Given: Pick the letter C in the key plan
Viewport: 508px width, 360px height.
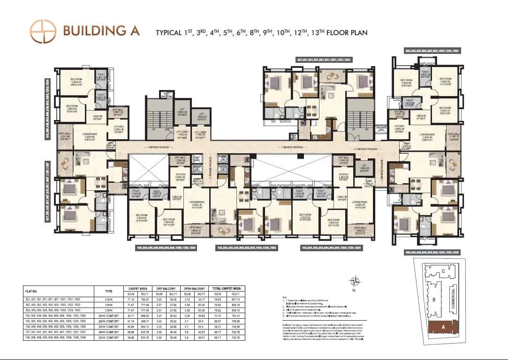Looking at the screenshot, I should pos(443,271).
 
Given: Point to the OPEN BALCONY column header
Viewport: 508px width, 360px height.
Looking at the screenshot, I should pos(194,288).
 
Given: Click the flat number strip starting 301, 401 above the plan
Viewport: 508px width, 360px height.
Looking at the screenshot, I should pos(324,60).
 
